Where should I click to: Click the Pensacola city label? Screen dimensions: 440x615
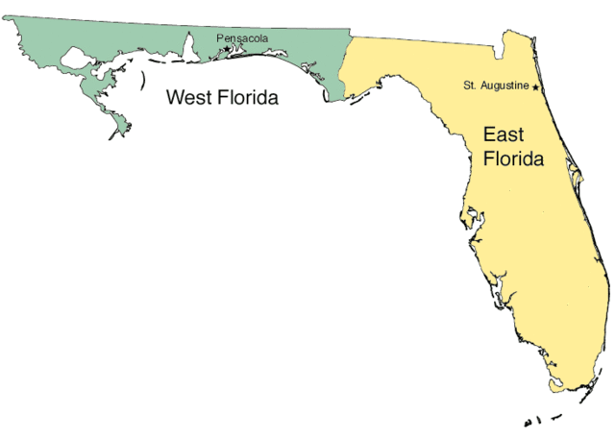click(241, 38)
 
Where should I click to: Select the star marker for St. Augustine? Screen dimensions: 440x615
click(535, 87)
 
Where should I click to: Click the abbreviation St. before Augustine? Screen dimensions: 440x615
click(470, 86)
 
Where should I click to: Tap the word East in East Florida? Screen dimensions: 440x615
click(504, 135)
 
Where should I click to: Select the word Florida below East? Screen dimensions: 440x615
click(513, 159)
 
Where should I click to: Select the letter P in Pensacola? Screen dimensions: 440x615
click(220, 38)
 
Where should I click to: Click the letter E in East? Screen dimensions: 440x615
click(489, 135)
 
